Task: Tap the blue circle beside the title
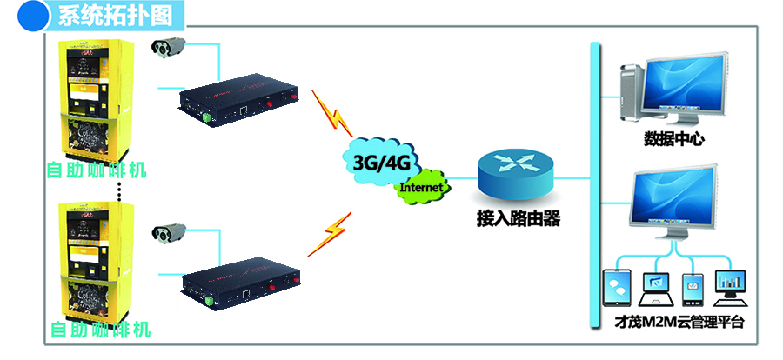32,15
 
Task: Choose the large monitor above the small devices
677,198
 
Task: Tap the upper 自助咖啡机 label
97,170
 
